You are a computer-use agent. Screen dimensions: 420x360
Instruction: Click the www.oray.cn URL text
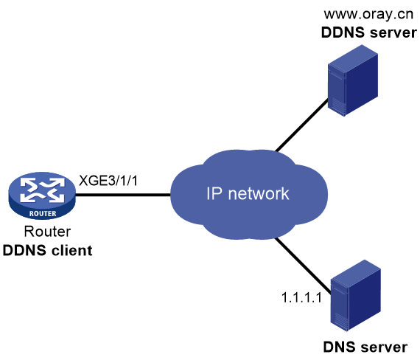(368, 14)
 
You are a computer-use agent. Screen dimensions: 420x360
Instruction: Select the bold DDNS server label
(369, 32)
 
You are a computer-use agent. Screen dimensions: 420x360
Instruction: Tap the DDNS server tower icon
(353, 80)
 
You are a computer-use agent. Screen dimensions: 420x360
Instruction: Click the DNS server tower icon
(356, 295)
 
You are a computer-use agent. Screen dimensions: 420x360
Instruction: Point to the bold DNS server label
(365, 347)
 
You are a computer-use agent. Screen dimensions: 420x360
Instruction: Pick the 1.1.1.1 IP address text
(301, 297)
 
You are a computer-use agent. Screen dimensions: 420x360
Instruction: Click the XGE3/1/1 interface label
(108, 180)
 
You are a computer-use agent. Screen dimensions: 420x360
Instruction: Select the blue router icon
(42, 195)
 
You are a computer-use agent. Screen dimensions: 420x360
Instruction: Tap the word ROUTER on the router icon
(43, 213)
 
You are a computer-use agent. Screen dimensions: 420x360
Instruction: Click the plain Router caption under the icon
(47, 231)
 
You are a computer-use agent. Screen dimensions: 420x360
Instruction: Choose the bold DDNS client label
(47, 250)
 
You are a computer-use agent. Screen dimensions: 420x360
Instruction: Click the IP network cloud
(249, 195)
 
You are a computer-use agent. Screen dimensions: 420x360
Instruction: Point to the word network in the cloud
(259, 193)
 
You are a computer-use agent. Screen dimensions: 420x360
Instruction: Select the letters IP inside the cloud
(214, 193)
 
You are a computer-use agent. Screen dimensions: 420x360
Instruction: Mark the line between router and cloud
(123, 195)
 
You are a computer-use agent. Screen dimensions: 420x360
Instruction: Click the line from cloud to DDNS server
(302, 125)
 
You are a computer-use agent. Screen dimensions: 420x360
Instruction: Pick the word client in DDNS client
(71, 250)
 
